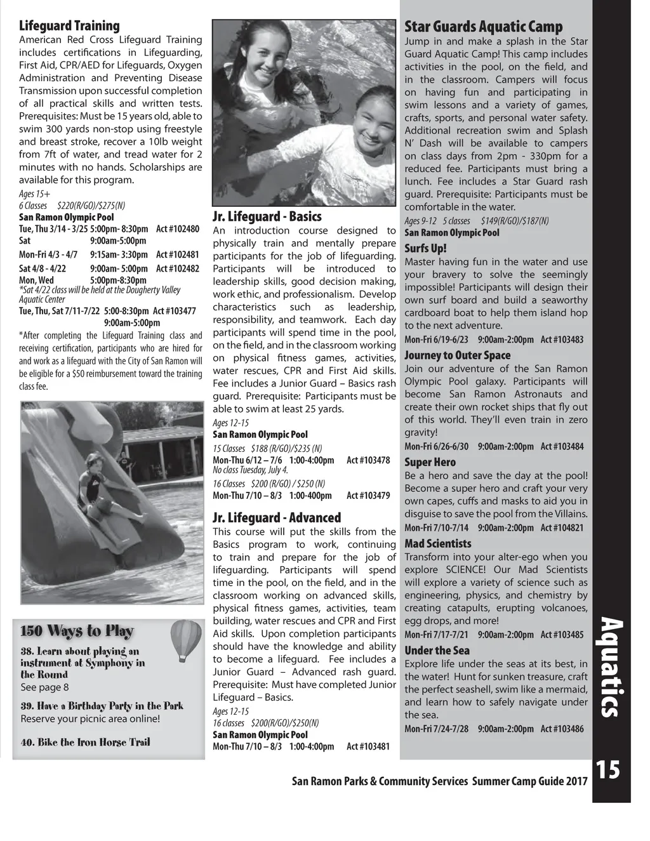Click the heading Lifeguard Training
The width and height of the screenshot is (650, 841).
coord(69,26)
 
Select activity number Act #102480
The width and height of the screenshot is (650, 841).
coord(178,229)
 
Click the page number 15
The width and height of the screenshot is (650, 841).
coord(607,771)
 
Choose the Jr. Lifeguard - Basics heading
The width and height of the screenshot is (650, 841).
coord(267,216)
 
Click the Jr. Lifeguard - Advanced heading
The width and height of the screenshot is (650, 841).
coord(277,517)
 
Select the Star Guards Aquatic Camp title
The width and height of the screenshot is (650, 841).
coord(484,27)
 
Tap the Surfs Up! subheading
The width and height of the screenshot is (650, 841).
coord(426,248)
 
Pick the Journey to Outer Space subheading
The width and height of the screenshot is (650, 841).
coord(457,355)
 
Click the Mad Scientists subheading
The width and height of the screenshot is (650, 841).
coord(438,544)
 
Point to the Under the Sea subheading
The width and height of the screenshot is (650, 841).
coord(437,651)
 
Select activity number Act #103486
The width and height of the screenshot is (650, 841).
coord(562,729)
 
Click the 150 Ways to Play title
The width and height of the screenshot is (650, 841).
coord(77,631)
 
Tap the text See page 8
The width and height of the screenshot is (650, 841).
coord(44,687)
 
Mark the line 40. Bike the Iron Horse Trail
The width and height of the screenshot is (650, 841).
coord(86,743)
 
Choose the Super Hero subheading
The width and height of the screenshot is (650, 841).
coord(430,463)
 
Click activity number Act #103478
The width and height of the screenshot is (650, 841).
coord(368,460)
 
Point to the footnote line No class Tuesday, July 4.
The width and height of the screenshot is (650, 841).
coord(250,470)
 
